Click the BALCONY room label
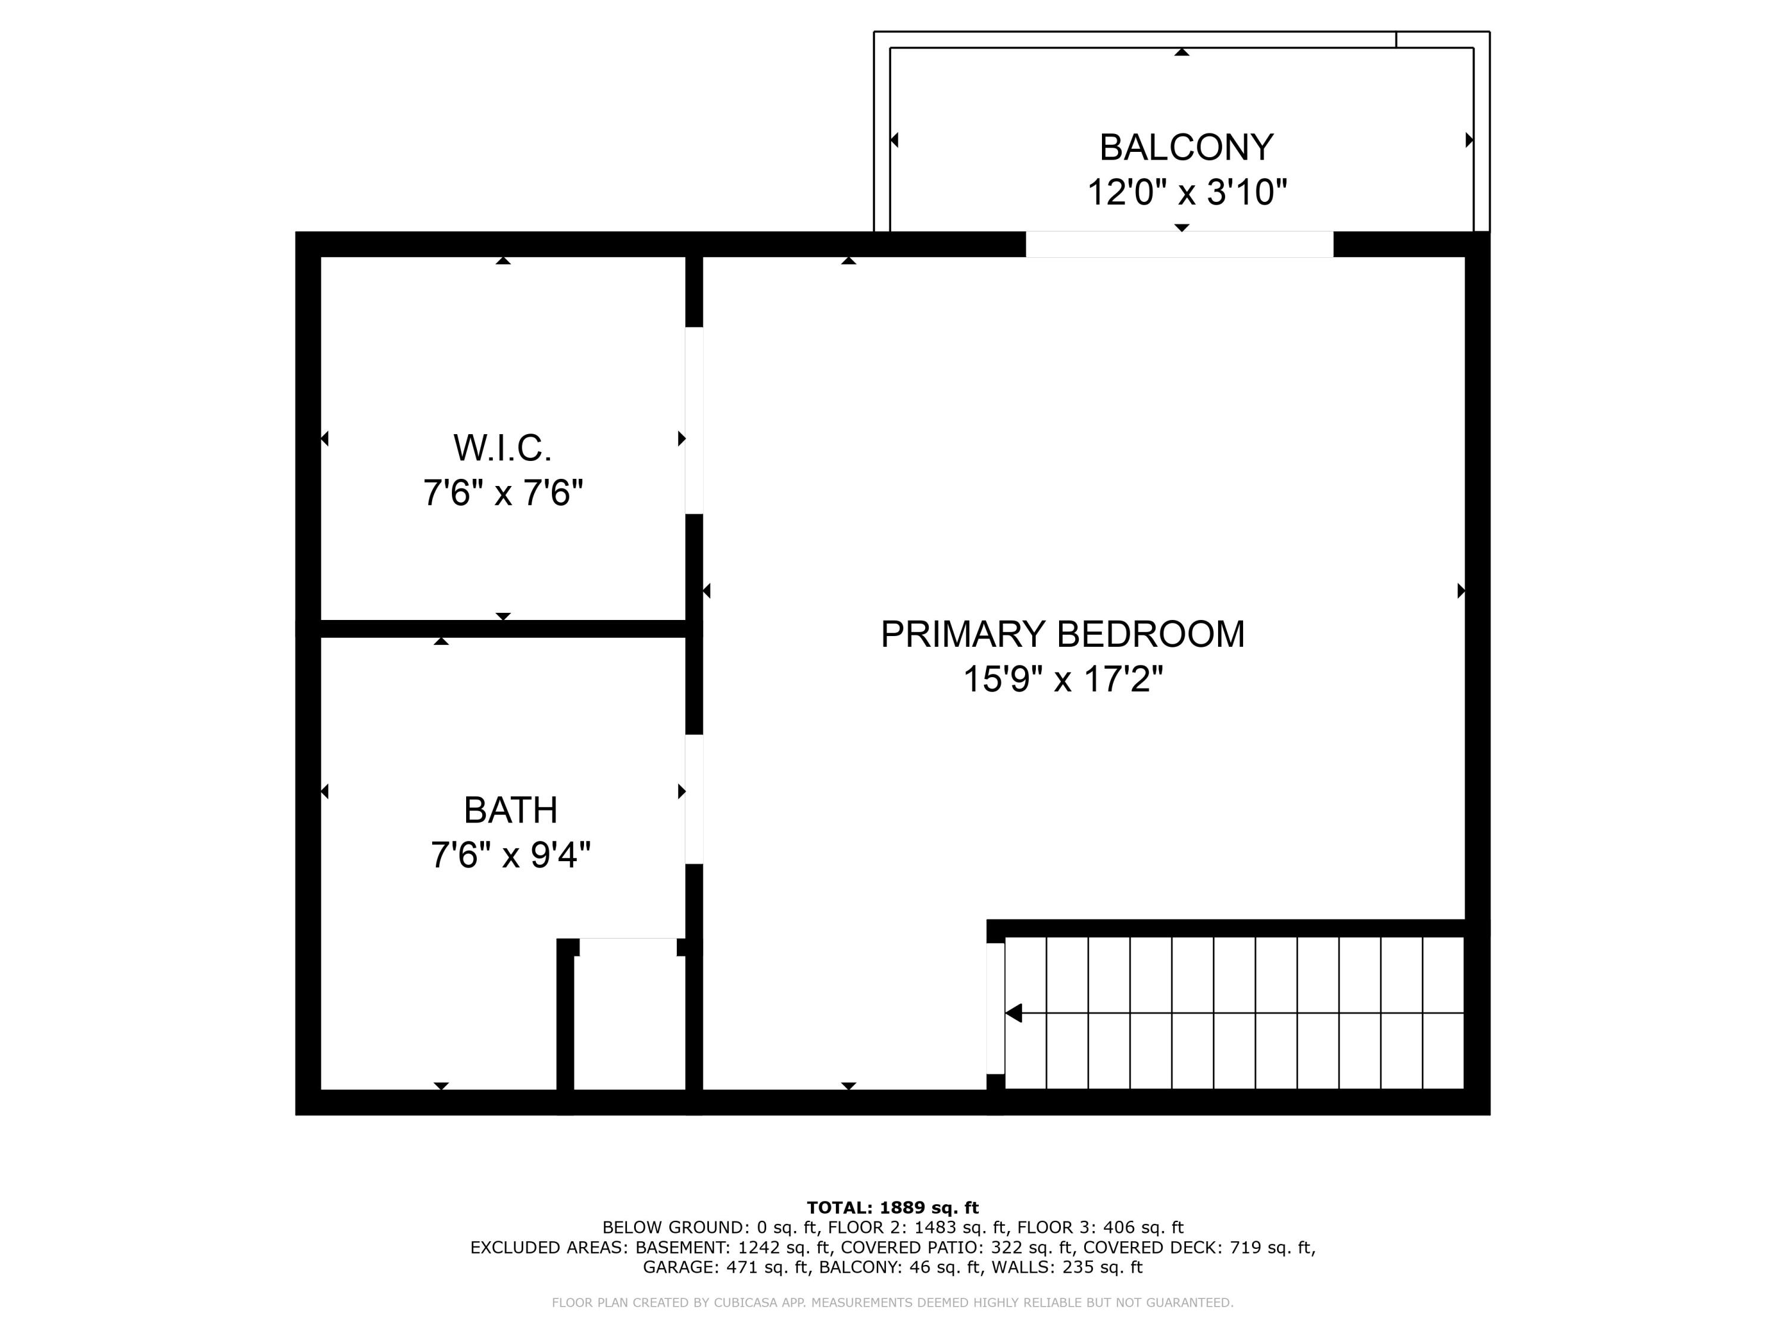(1186, 148)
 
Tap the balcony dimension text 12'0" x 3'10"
(1186, 193)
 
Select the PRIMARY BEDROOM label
(1061, 634)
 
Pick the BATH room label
(510, 810)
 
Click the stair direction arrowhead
(1014, 1013)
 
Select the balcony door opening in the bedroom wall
(1179, 244)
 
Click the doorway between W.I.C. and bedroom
(694, 420)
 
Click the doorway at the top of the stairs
(995, 1009)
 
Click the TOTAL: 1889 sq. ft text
(892, 1208)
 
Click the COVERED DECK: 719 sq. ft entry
(1199, 1247)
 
